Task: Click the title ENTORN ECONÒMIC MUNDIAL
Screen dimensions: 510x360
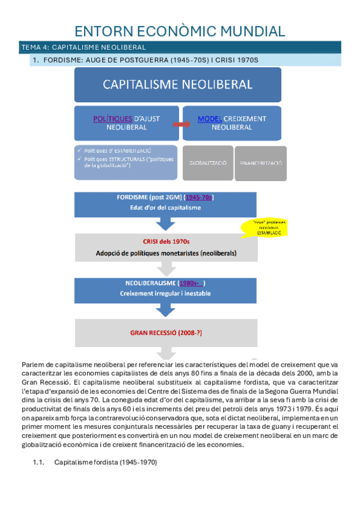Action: tap(179, 31)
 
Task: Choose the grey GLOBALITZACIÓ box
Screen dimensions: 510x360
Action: tap(207, 163)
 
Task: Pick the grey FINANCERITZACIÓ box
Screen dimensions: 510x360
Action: tap(260, 163)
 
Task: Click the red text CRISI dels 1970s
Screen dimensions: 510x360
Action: tap(166, 242)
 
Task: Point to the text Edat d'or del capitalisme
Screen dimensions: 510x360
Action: tap(166, 207)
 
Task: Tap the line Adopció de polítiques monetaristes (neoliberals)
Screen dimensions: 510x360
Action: tap(166, 253)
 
